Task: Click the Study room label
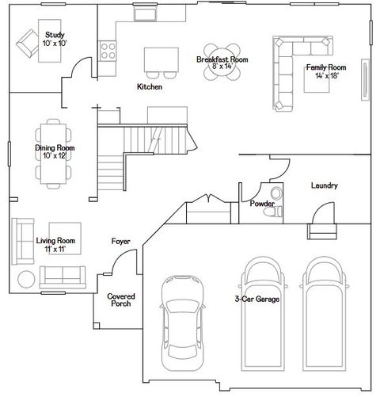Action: click(x=55, y=36)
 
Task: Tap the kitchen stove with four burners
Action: click(x=108, y=50)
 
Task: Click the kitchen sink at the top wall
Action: click(x=145, y=14)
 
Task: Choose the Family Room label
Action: click(x=326, y=67)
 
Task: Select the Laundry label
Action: click(x=325, y=185)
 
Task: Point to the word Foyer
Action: click(x=120, y=241)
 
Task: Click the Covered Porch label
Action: click(x=120, y=300)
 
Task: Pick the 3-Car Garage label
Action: click(x=256, y=299)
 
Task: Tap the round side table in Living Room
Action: click(x=25, y=278)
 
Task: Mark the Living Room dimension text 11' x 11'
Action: click(x=55, y=249)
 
